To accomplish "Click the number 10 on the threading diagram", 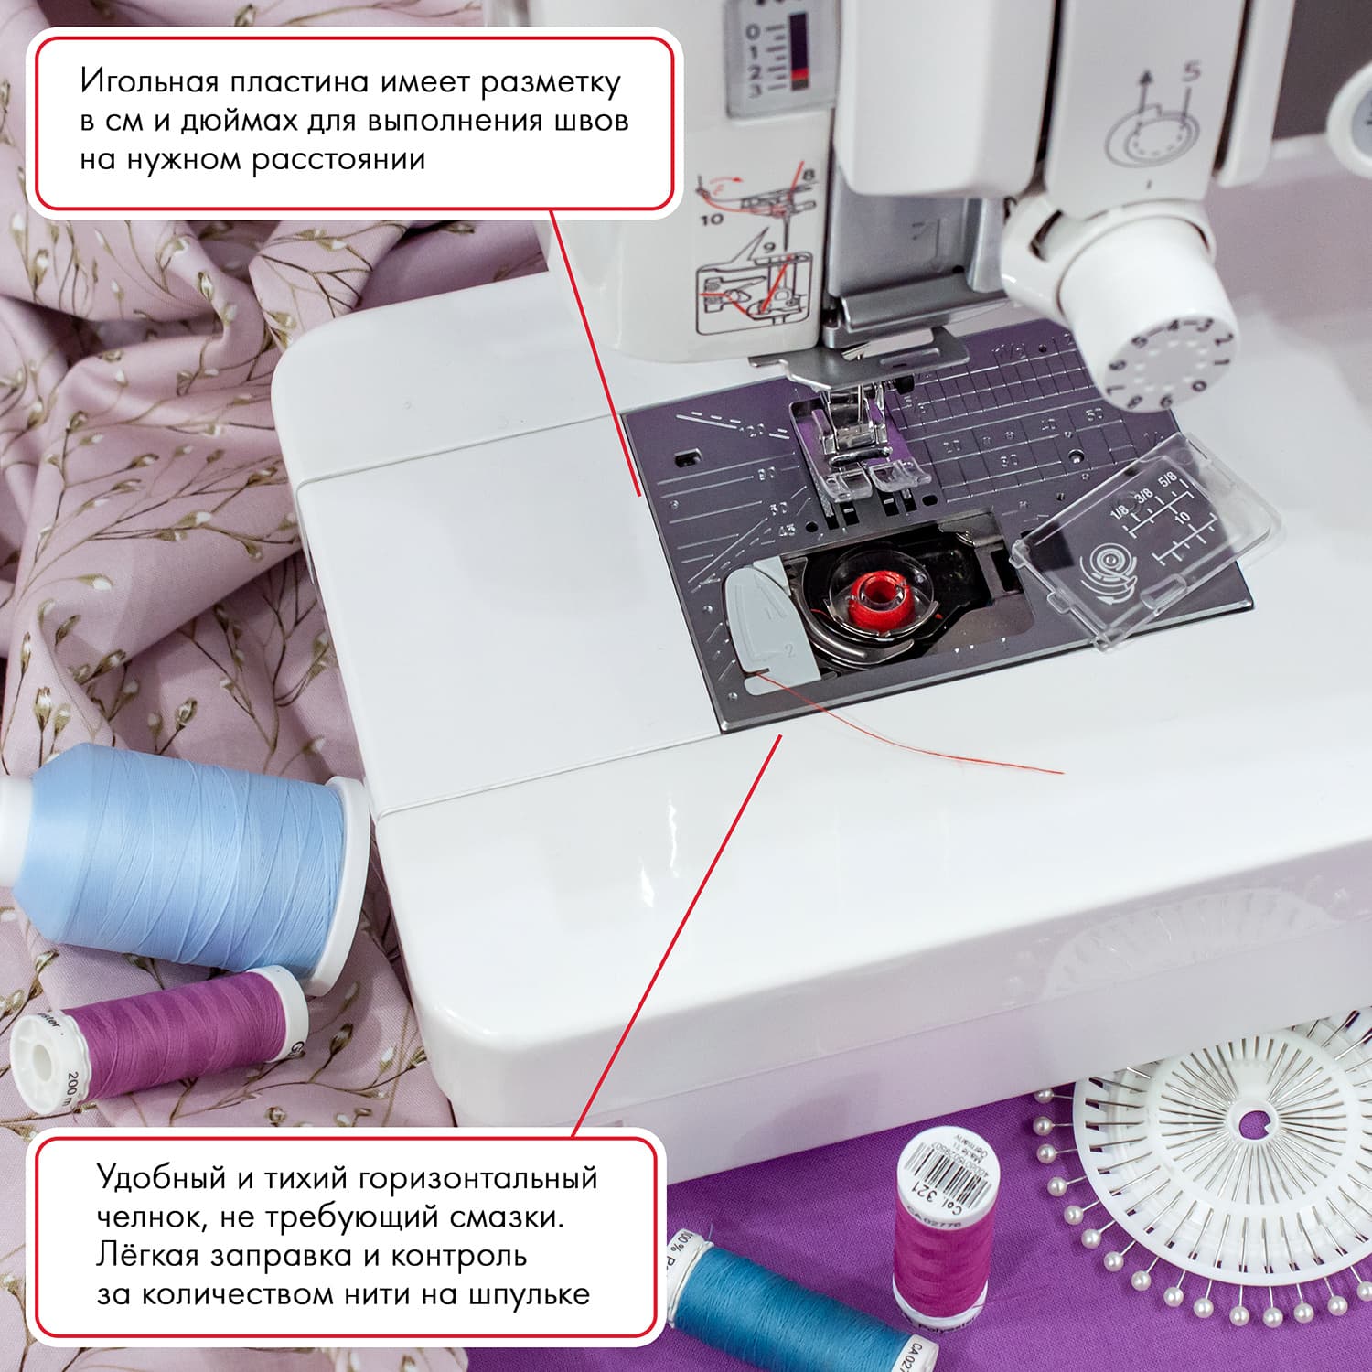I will (x=712, y=220).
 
